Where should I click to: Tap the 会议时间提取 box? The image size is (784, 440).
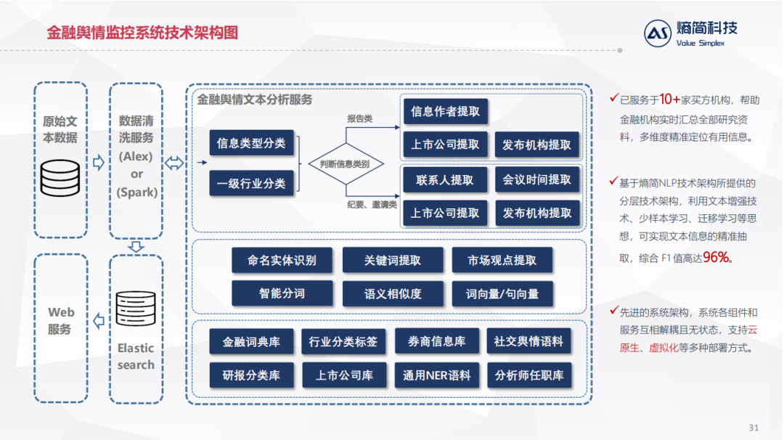pos(537,179)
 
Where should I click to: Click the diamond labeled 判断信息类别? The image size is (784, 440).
pos(344,164)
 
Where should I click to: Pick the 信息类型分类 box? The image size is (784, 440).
pos(251,143)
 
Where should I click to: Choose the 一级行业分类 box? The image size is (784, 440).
pos(251,183)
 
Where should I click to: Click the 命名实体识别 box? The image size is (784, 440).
pos(282,260)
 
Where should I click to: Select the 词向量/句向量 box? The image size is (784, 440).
pos(502,293)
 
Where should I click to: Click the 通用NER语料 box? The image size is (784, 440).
pos(437,375)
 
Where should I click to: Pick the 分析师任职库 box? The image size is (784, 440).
pos(528,375)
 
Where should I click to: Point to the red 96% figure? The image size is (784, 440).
pos(716,257)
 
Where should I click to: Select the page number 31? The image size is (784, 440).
pos(753,426)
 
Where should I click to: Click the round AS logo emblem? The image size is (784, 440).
pos(658,33)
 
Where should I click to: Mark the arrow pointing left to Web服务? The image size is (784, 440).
pos(99,320)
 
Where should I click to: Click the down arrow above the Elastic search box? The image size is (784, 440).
pos(136,246)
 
